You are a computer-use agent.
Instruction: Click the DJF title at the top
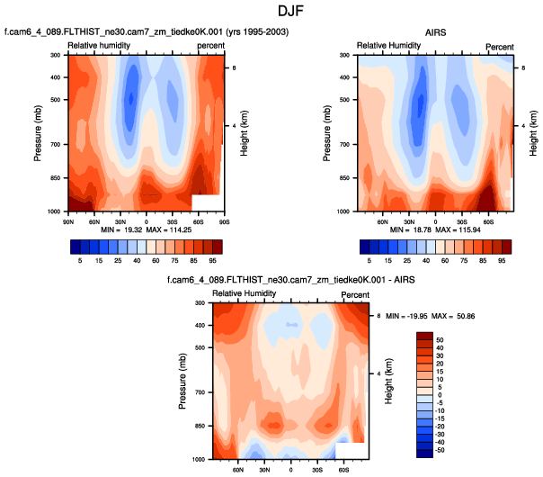271,12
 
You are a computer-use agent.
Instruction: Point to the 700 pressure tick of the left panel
54,144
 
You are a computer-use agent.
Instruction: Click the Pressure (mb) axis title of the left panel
39,132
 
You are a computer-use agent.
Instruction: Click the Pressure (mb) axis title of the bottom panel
183,381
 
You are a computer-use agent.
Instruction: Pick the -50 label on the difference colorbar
440,451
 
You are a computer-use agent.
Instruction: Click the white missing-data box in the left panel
206,204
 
